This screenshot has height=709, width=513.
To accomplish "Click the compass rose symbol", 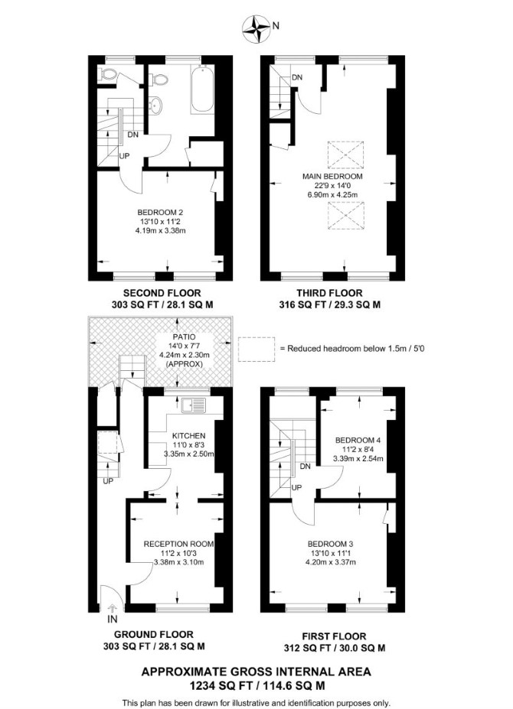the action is (256, 28).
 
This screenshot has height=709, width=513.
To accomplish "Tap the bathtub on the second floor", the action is (202, 89).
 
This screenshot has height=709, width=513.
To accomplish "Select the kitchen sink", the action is (194, 405).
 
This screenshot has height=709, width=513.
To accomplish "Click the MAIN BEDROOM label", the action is (332, 177).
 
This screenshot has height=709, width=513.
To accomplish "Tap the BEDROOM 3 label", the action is (330, 544).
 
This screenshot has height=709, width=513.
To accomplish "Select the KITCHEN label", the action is (189, 436).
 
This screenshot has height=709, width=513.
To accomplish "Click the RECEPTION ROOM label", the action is (178, 544).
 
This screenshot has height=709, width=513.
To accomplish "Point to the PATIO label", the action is (185, 337).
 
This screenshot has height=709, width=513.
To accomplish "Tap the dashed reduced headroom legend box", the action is (256, 349).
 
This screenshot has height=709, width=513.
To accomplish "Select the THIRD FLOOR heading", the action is (329, 293).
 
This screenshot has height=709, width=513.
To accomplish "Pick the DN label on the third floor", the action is (297, 78).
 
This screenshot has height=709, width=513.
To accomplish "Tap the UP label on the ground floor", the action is (108, 481).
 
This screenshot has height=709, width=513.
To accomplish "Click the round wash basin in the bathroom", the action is (155, 105).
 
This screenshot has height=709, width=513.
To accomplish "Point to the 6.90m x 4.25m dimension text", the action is (332, 195).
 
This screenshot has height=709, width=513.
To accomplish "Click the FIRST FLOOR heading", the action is (334, 636).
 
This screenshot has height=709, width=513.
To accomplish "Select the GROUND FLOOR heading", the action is (153, 635).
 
